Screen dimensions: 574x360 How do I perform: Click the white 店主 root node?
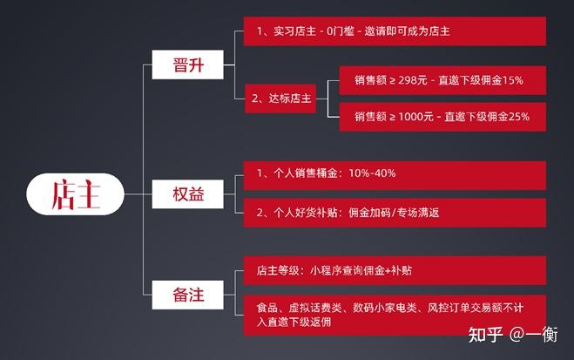point(76,194)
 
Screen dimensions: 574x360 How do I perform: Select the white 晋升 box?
point(188,65)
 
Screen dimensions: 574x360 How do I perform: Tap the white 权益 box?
point(188,194)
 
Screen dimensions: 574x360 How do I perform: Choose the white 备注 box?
point(188,295)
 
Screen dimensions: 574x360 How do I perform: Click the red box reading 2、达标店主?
point(280,98)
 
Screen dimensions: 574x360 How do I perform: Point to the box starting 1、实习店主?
point(395,31)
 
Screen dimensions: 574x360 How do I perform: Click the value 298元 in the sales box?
point(413,80)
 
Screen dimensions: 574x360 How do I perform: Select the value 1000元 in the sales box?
point(415,117)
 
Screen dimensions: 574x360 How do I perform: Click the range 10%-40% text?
point(372,173)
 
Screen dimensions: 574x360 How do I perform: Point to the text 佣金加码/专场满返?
point(394,213)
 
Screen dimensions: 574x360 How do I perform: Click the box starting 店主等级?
point(395,270)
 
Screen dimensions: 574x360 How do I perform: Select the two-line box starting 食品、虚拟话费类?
point(395,315)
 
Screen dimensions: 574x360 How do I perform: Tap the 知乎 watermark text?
point(485,335)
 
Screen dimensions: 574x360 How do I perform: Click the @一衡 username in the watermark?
point(534,335)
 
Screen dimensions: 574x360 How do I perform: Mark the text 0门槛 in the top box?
point(341,31)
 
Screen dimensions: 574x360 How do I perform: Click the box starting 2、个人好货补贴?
point(395,213)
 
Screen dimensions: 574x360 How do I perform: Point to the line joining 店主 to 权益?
point(138,194)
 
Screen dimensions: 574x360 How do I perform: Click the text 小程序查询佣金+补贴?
point(361,270)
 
